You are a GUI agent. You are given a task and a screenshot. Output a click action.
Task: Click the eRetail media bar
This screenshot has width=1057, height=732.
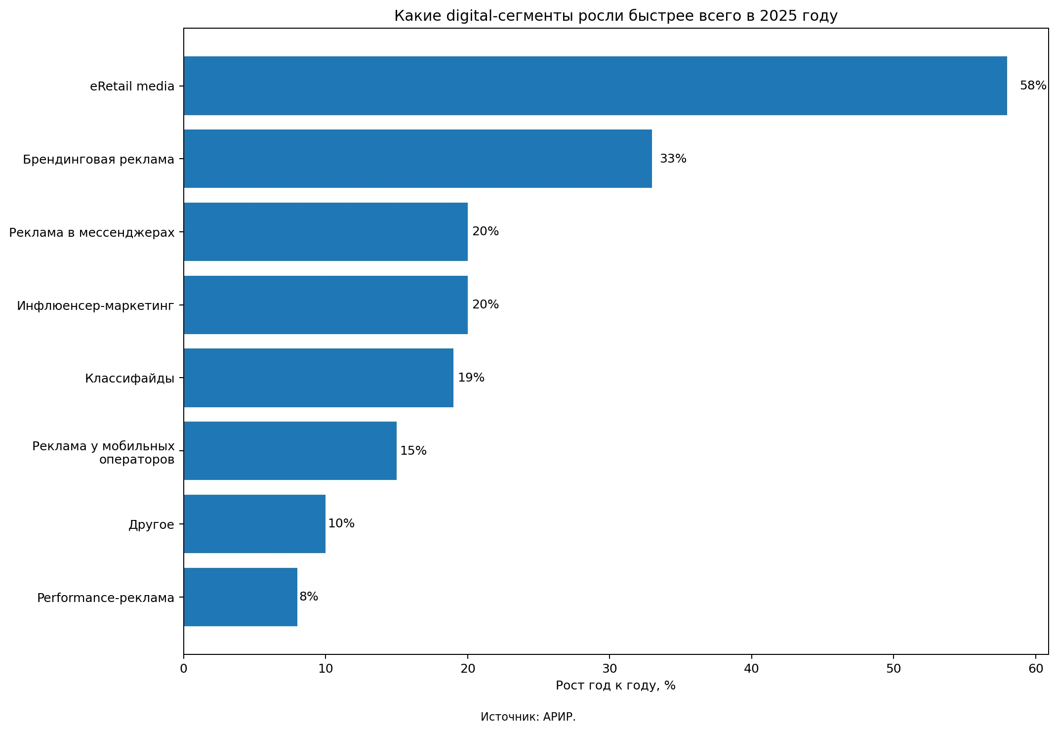point(595,86)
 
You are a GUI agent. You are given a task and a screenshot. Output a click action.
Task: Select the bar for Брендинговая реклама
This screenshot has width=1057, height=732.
point(418,159)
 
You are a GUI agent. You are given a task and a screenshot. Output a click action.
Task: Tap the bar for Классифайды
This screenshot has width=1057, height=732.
point(319,378)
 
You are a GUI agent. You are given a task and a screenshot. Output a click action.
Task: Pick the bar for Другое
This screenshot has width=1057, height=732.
point(254,524)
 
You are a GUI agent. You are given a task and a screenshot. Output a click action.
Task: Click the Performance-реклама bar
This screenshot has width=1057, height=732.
point(241,597)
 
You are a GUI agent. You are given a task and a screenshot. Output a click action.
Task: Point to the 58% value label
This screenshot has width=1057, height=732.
point(1033,86)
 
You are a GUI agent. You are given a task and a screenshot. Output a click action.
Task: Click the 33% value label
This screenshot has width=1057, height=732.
point(673,159)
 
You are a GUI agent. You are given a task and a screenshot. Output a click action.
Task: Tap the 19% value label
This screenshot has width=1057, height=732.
point(471,378)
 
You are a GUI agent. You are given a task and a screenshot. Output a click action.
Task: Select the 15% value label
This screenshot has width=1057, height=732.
point(413,451)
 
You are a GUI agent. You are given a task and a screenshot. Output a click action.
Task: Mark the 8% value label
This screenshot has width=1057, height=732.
point(309,597)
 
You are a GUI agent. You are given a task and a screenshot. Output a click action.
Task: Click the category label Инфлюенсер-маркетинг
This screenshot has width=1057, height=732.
point(96,305)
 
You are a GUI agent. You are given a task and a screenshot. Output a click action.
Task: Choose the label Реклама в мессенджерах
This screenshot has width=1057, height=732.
point(92,232)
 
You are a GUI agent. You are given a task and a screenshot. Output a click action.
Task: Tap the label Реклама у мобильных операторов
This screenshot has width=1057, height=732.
point(104,453)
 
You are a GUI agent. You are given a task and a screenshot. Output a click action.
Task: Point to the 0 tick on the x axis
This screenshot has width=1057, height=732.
point(184,669)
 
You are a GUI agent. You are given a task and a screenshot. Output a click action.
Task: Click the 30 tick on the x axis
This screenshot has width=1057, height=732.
point(610,669)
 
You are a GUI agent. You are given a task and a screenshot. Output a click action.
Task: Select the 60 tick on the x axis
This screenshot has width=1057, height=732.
point(1036,669)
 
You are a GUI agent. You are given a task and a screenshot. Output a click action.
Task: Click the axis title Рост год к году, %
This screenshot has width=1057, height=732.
point(615,686)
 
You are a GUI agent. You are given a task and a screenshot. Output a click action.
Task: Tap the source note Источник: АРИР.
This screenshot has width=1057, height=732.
point(528,717)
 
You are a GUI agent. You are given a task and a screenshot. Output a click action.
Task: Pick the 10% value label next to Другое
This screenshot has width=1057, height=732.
point(341,524)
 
